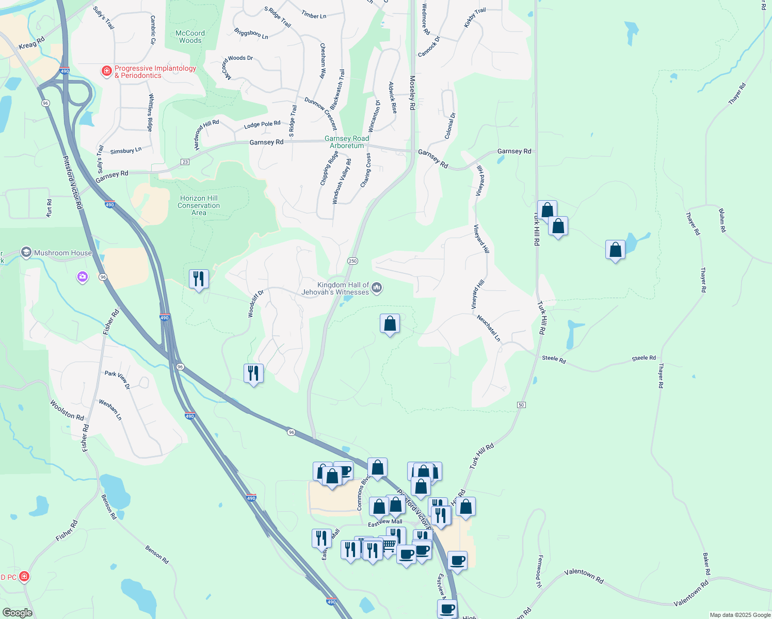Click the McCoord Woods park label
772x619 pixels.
190,37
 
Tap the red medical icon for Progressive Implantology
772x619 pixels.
107,71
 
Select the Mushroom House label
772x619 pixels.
62,253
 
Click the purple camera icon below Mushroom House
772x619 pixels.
83,278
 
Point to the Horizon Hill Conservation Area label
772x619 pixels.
199,205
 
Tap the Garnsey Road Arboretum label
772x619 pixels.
347,142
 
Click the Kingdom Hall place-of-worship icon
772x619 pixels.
377,288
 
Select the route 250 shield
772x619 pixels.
352,261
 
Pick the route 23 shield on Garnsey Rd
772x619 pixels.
185,162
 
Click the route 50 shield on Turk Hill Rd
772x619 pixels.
521,405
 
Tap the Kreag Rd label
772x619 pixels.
31,43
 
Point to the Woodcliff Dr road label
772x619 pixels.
255,304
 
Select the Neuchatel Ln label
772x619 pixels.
488,328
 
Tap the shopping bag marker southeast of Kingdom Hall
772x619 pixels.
390,324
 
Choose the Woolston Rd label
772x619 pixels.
67,410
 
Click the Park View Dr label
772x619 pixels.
117,379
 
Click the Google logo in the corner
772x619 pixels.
17,612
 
